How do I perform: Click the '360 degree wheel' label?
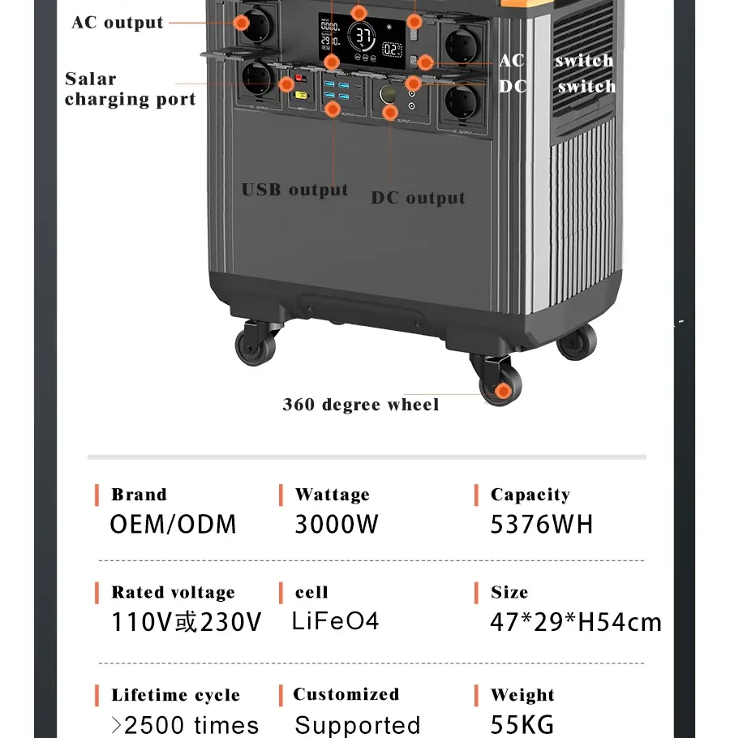(x=360, y=404)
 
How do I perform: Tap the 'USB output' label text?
(x=294, y=190)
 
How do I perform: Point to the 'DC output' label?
(x=418, y=198)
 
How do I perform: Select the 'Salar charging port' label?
(x=130, y=89)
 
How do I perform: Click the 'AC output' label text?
(x=117, y=22)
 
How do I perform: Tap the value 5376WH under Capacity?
(x=541, y=525)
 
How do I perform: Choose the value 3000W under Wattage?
(x=336, y=525)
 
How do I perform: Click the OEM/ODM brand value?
(x=173, y=525)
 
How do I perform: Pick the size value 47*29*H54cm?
(x=575, y=623)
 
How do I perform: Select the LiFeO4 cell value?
(x=335, y=622)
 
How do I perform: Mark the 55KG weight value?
(x=522, y=724)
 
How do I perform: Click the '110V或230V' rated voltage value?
(x=187, y=623)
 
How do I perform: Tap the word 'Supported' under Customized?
(x=357, y=724)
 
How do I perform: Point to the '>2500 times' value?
(x=185, y=724)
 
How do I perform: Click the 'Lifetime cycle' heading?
(x=175, y=695)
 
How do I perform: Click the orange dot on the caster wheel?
(x=503, y=392)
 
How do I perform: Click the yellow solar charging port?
(x=301, y=96)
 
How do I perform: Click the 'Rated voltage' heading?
(x=173, y=593)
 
